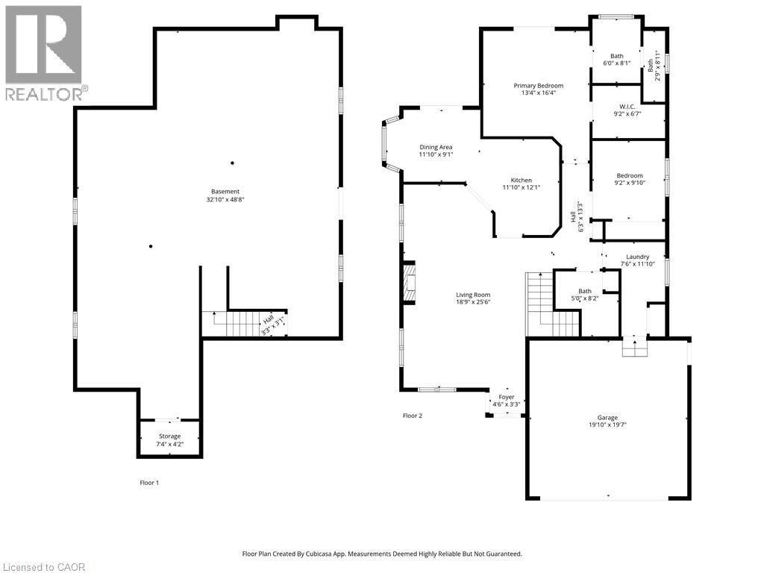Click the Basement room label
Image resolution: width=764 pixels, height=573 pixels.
coord(225,192)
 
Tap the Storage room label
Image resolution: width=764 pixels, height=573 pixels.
coord(169,436)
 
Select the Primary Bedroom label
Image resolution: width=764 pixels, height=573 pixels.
coord(539,86)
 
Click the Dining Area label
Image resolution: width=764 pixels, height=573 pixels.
coord(436,147)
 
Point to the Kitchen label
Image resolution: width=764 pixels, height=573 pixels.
coord(522,181)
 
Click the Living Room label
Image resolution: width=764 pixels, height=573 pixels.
coord(473,295)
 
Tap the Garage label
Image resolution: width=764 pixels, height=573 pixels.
coord(607,418)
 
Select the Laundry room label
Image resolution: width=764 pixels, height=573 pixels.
coord(637,257)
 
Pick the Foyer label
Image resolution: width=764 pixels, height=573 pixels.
coord(507,397)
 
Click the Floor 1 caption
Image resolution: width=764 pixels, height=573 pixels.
coord(149,483)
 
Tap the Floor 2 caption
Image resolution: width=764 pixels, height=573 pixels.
coord(412,416)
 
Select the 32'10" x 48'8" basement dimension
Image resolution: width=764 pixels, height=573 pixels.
coord(225,199)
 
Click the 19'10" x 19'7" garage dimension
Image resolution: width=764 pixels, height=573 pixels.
coord(607,425)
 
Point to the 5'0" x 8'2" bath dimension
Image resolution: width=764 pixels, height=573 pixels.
coord(585,298)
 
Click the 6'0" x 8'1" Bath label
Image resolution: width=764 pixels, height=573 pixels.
coord(617,60)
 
